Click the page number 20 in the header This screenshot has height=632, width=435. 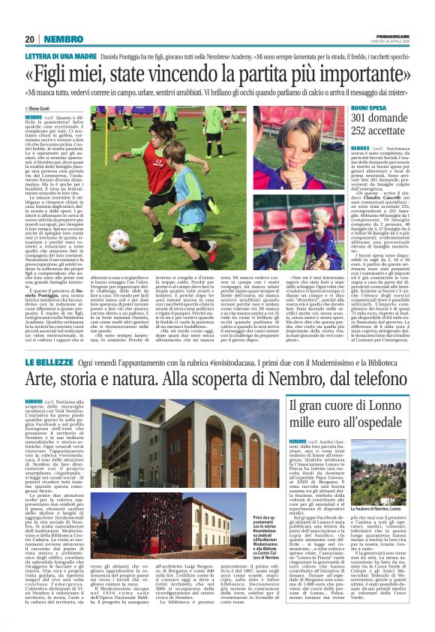30,38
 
